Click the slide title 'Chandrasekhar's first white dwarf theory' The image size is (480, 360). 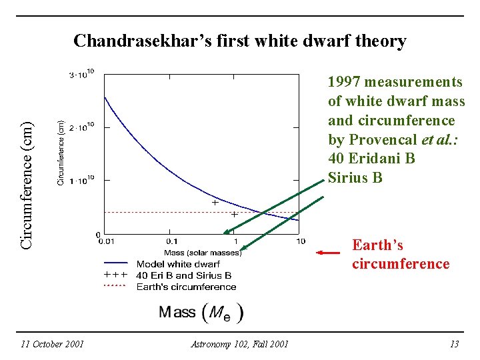click(239, 41)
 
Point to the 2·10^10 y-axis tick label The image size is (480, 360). click(82, 127)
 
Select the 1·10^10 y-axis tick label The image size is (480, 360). click(82, 180)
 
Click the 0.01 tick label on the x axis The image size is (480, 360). click(105, 241)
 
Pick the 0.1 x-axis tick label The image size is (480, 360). click(171, 241)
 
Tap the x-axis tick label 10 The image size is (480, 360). click(300, 241)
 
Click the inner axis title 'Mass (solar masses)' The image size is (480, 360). click(203, 253)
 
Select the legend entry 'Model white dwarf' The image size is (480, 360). click(177, 264)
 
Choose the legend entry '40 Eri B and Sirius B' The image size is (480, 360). click(183, 275)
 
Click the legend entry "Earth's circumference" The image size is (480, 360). click(186, 287)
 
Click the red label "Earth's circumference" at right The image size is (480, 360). click(401, 254)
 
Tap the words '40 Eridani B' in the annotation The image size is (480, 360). click(371, 159)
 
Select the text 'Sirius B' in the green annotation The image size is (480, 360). click(355, 177)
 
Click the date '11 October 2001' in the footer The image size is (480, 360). click(52, 344)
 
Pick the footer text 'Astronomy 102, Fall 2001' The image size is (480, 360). click(239, 344)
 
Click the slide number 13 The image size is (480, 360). click(455, 344)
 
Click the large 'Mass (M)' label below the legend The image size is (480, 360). click(201, 312)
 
